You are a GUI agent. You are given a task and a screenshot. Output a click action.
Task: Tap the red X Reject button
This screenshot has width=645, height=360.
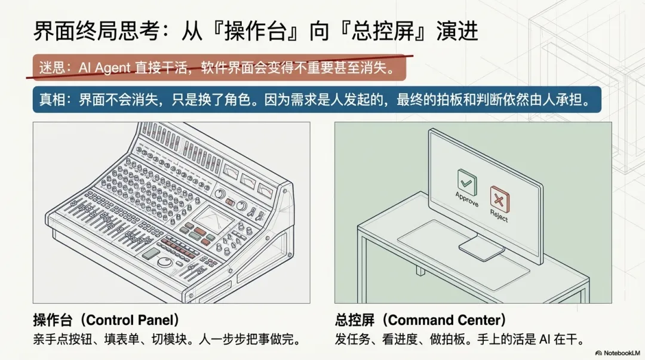tap(499, 196)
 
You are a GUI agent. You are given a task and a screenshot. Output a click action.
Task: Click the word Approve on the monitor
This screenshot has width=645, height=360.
tap(466, 199)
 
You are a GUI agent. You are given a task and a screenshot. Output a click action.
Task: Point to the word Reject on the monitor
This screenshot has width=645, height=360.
tap(498, 217)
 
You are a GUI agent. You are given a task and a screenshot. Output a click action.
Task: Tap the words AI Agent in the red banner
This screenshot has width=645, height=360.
tap(104, 69)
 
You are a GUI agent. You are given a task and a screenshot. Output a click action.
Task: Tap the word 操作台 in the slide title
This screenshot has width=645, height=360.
tap(239, 31)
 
